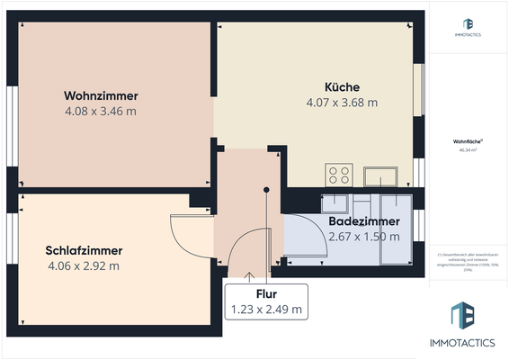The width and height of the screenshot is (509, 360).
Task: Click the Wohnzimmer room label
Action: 100,95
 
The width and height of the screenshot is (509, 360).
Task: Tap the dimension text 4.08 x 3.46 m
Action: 100,111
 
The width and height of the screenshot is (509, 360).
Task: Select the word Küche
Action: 342,86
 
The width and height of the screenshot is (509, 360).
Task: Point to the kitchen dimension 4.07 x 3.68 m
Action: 342,102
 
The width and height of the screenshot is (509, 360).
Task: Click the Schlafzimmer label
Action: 84,250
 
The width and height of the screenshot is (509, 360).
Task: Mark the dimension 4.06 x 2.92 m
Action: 84,265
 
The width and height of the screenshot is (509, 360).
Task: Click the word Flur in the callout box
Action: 265,293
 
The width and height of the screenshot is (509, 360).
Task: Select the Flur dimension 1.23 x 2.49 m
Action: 265,310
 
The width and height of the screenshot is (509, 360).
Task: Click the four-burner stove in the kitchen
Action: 340,174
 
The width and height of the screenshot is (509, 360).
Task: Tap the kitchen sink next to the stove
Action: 379,174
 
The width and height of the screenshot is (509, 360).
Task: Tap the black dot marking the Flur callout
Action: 266,190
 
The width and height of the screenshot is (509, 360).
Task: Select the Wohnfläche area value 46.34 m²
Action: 467,150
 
